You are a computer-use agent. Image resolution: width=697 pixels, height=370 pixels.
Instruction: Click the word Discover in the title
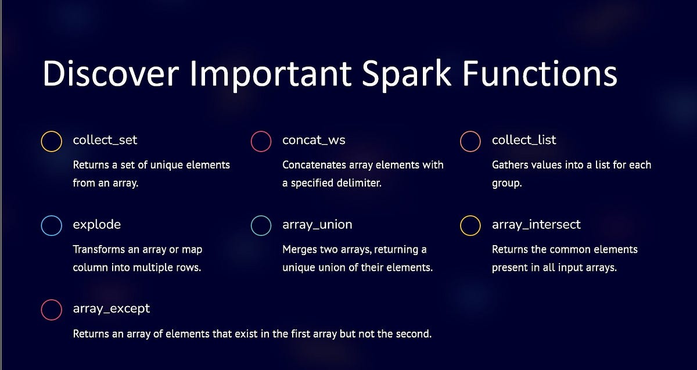tap(111, 73)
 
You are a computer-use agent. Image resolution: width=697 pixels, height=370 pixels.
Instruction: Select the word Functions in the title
tap(540, 73)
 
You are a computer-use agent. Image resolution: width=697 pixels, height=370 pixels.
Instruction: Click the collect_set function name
tap(105, 140)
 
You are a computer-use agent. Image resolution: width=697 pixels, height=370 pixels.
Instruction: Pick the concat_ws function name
tap(314, 141)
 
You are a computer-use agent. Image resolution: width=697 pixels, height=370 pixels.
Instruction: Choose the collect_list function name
tap(524, 140)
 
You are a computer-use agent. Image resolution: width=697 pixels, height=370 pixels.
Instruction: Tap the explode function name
tap(97, 225)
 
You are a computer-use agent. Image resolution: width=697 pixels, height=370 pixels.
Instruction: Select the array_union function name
tap(317, 225)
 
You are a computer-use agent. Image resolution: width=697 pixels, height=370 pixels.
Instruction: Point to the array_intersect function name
tap(536, 225)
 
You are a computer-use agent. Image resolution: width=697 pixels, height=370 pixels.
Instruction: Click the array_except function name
tap(111, 309)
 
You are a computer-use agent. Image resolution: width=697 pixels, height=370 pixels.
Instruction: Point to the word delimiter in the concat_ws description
tap(359, 182)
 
